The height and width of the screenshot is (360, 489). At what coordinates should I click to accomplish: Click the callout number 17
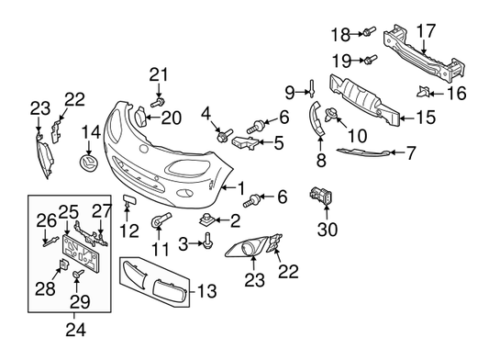tap(426, 31)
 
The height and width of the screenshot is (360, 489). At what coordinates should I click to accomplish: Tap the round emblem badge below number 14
tap(88, 163)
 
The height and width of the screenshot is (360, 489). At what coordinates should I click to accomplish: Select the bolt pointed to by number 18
tap(369, 31)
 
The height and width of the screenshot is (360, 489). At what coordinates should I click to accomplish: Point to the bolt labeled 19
tap(371, 59)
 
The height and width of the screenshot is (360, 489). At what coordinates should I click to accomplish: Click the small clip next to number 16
tap(423, 92)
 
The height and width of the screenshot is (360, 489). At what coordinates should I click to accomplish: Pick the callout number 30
tap(328, 230)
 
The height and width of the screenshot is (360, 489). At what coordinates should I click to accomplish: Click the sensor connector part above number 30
tap(321, 196)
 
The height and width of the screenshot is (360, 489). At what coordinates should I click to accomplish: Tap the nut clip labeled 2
tap(206, 220)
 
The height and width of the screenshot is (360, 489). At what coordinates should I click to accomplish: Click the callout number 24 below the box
tap(75, 330)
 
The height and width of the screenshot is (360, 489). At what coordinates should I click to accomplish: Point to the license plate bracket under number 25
tap(80, 253)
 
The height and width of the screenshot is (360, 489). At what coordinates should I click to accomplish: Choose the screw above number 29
tap(78, 275)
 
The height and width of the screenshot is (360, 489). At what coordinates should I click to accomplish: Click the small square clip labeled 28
tap(64, 264)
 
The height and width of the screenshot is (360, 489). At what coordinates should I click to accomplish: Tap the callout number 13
tap(206, 291)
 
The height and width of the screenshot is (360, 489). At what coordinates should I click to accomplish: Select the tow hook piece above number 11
tap(161, 219)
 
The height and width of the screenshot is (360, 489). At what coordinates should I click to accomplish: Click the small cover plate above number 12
tap(128, 199)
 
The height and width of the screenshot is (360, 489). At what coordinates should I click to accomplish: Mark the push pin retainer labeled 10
tap(331, 114)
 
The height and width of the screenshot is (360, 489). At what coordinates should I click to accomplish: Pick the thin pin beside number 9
tap(312, 89)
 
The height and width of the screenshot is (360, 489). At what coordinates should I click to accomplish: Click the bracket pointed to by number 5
tap(246, 142)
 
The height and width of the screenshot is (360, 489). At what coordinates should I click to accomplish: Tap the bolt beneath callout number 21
tap(158, 102)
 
